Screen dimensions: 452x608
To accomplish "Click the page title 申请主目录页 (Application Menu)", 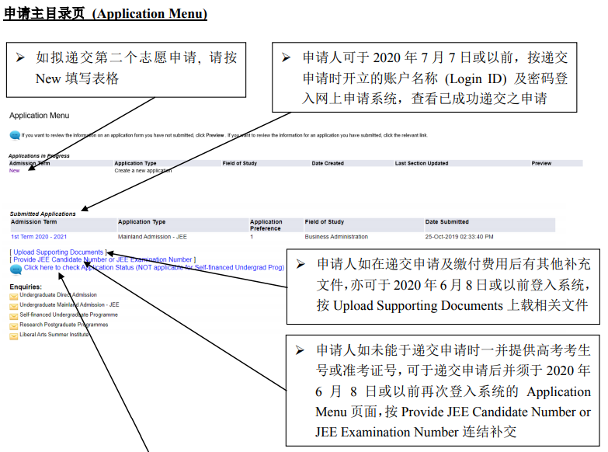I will click(105, 14).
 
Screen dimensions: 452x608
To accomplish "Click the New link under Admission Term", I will click(14, 170).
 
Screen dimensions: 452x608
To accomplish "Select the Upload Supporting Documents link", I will click(58, 252).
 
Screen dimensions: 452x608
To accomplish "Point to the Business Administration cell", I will click(336, 237).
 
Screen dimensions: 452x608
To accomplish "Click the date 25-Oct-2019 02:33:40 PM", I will click(459, 237).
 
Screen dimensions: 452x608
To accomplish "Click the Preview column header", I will click(541, 163).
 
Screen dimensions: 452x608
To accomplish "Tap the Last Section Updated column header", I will click(421, 163).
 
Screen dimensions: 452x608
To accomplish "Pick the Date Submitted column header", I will click(446, 222).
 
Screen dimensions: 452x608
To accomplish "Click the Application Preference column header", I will click(266, 225).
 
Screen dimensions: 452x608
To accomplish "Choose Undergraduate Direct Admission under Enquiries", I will click(58, 295).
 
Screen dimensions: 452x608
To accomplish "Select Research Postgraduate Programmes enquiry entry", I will click(64, 325).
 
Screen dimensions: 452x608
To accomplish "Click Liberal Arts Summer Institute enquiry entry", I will click(54, 335).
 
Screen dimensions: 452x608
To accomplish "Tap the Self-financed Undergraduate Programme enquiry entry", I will click(69, 315).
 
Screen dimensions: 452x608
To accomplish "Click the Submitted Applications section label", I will click(43, 214).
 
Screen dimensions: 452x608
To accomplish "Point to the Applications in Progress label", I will click(39, 156).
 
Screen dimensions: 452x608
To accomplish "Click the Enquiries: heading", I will click(26, 287).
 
